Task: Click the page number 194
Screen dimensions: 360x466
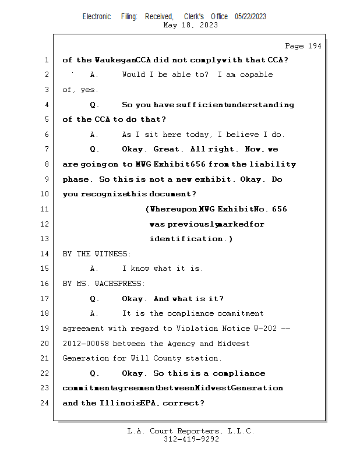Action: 315,46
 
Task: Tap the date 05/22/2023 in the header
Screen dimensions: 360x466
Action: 250,16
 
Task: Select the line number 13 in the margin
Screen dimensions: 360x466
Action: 44,239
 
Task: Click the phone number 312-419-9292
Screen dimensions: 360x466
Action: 191,439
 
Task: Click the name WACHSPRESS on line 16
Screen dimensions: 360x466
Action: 118,284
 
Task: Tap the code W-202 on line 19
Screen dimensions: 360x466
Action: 265,329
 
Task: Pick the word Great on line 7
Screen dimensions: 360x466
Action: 166,149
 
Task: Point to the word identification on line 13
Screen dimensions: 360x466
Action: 186,239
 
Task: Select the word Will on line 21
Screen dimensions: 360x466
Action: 140,358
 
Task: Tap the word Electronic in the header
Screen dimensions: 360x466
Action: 97,16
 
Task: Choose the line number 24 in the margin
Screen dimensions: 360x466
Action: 44,403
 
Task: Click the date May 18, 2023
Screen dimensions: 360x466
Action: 190,25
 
